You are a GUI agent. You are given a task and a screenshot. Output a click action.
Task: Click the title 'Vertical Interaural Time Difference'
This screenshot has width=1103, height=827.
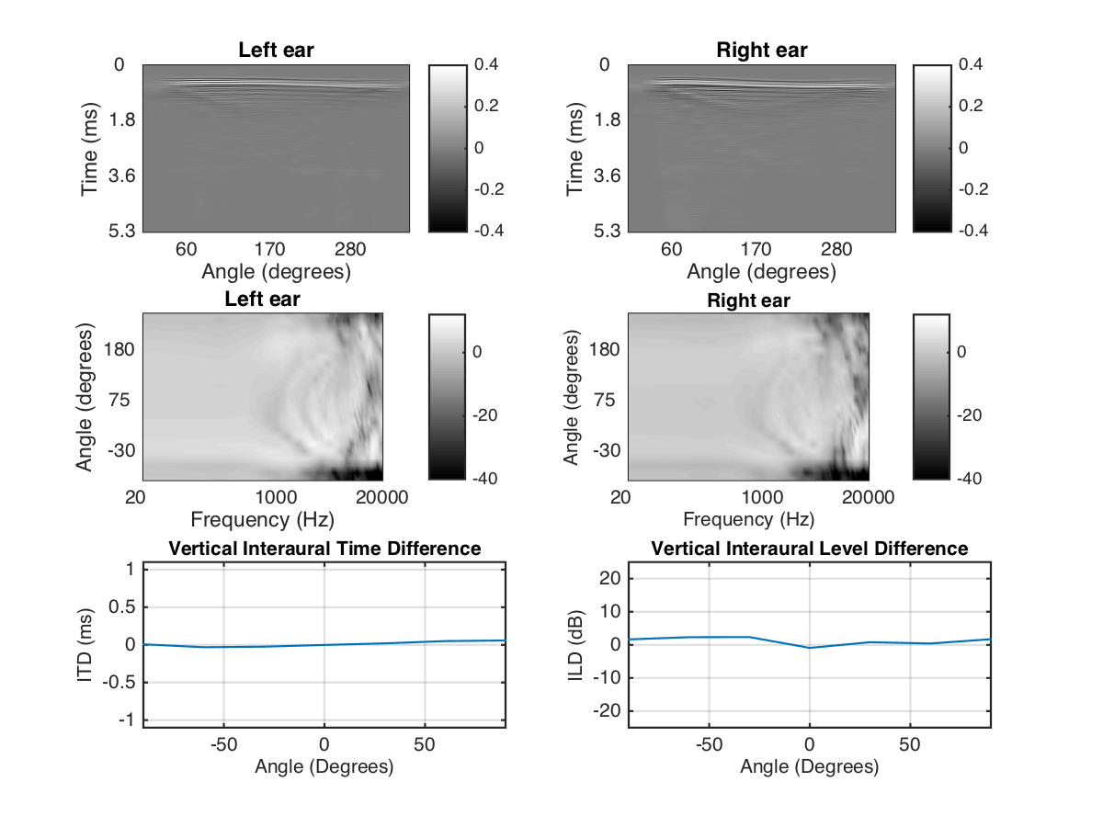tap(324, 549)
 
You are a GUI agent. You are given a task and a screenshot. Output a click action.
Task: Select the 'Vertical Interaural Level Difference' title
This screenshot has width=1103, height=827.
tap(809, 549)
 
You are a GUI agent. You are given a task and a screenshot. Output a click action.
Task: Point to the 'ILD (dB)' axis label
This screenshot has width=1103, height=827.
tap(572, 643)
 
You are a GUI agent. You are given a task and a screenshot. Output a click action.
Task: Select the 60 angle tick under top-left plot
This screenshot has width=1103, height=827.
tap(187, 249)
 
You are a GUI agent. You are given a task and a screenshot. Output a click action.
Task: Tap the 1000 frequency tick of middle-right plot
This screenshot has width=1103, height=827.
tap(762, 497)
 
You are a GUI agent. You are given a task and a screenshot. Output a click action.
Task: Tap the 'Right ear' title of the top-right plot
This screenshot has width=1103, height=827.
tap(762, 51)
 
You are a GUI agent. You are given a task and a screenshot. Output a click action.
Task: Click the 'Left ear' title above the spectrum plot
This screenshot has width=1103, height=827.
tap(262, 300)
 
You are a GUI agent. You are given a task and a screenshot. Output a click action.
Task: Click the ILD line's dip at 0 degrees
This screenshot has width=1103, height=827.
tap(809, 648)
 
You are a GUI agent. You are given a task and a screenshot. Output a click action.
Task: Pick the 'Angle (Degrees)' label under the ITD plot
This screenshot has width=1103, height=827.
tap(324, 766)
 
